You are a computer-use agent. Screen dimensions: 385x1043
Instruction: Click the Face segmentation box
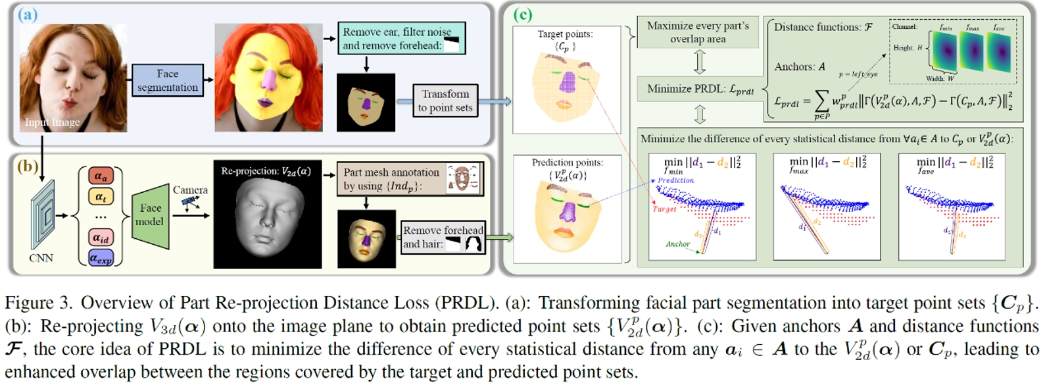pos(167,80)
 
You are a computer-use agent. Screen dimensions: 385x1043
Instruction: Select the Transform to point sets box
pos(445,101)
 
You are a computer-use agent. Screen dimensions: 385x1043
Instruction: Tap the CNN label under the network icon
pos(41,258)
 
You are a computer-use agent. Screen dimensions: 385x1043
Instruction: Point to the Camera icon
pos(191,203)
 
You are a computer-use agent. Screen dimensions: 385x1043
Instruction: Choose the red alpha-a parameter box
pos(101,176)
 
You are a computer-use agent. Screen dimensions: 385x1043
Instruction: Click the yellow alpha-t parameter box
pos(101,196)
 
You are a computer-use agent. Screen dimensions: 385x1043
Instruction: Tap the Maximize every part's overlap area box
pos(697,32)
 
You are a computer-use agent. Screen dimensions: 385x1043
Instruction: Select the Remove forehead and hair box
pos(443,237)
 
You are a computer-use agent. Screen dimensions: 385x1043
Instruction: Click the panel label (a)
pos(28,14)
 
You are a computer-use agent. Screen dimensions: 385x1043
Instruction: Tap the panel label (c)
pos(522,14)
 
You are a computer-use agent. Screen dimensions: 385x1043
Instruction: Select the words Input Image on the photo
pos(52,122)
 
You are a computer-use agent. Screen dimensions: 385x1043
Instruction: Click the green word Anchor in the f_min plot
pos(677,244)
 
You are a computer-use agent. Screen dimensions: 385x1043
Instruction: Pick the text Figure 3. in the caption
pos(37,303)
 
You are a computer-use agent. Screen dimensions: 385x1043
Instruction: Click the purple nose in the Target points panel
pos(567,83)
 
